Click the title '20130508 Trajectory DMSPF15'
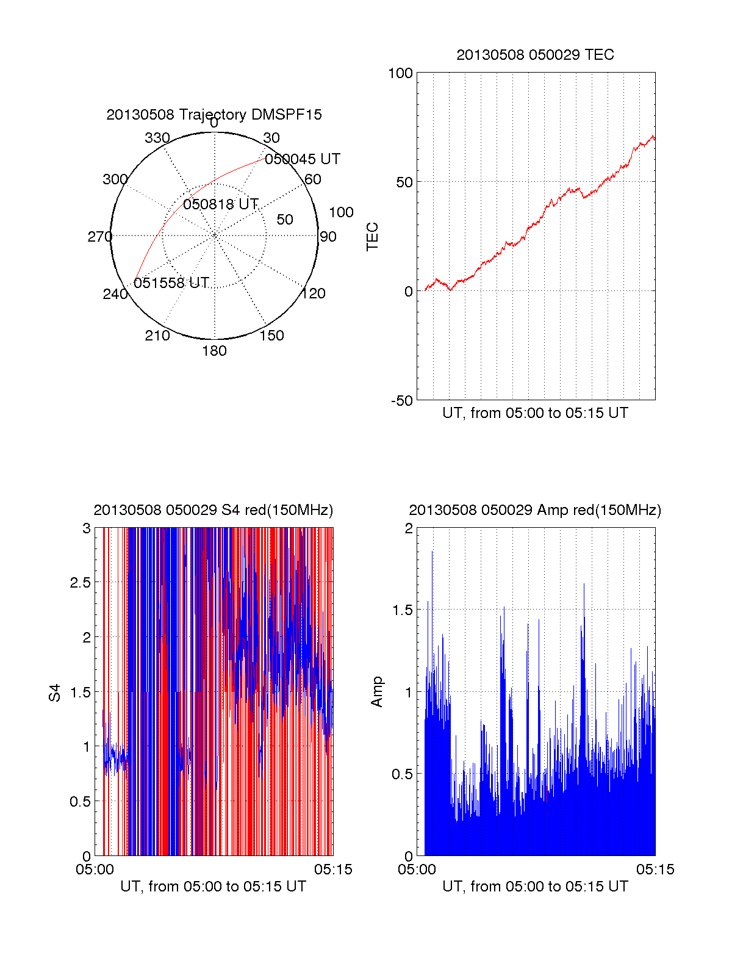click(x=214, y=115)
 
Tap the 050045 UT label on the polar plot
click(x=303, y=159)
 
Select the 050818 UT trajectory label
click(x=221, y=204)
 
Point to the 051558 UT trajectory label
click(x=171, y=283)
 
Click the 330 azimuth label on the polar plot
click(x=157, y=138)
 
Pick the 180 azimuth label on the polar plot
click(x=214, y=351)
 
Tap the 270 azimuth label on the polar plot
click(x=99, y=237)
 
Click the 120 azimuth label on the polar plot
click(x=314, y=293)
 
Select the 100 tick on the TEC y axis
click(x=400, y=73)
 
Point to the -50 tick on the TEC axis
click(x=402, y=401)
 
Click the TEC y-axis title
click(x=372, y=237)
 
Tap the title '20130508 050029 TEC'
click(x=535, y=55)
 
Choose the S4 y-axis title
click(x=55, y=693)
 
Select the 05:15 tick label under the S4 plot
click(x=333, y=869)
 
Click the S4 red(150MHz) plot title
click(x=213, y=510)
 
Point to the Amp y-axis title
click(x=377, y=692)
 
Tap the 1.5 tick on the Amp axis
click(x=401, y=610)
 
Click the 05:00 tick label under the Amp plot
click(x=417, y=869)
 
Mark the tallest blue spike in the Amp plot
click(x=432, y=553)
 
